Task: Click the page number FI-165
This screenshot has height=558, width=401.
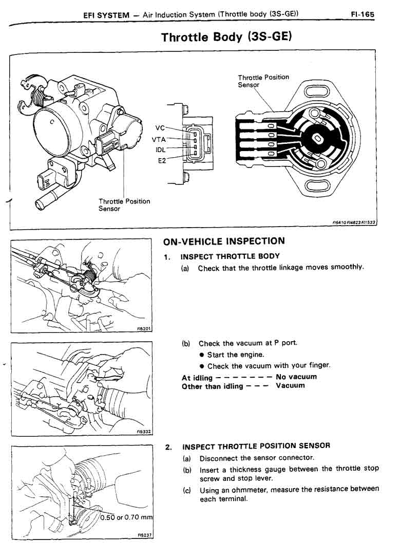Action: click(362, 15)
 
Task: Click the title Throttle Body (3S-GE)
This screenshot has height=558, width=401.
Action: click(226, 38)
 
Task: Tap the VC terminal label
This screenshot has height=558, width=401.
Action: click(160, 128)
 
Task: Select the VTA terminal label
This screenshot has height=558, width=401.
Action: click(159, 139)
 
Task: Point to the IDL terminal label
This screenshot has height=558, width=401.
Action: click(160, 150)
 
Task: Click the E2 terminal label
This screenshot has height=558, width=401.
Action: click(162, 160)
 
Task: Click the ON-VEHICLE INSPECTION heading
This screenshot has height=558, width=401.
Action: click(223, 241)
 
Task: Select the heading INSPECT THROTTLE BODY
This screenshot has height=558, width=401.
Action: click(230, 256)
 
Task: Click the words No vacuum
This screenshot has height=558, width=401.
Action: click(296, 377)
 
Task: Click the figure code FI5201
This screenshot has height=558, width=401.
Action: click(144, 330)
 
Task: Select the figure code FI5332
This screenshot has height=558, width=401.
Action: click(144, 432)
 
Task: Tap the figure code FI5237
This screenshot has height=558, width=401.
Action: click(144, 535)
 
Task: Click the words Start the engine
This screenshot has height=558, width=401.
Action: click(236, 355)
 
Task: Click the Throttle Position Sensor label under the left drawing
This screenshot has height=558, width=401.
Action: click(124, 205)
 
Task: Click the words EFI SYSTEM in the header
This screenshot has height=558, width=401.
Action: click(106, 15)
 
